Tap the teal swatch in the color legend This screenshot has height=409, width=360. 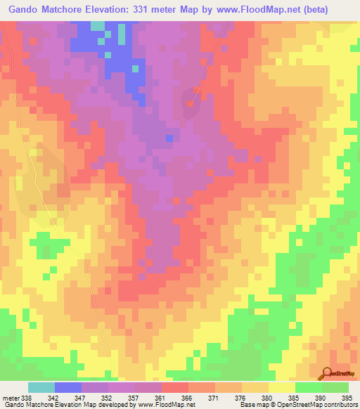[41, 387]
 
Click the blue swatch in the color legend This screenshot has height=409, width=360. [68, 387]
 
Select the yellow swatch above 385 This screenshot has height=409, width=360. [281, 387]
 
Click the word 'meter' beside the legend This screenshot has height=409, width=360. [8, 398]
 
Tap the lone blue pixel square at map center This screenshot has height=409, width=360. [169, 138]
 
